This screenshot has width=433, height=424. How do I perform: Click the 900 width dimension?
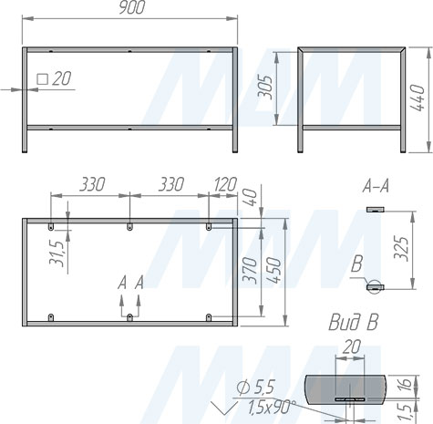130,8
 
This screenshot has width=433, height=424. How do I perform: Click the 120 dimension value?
223,184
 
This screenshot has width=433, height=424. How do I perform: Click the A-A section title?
376,187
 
